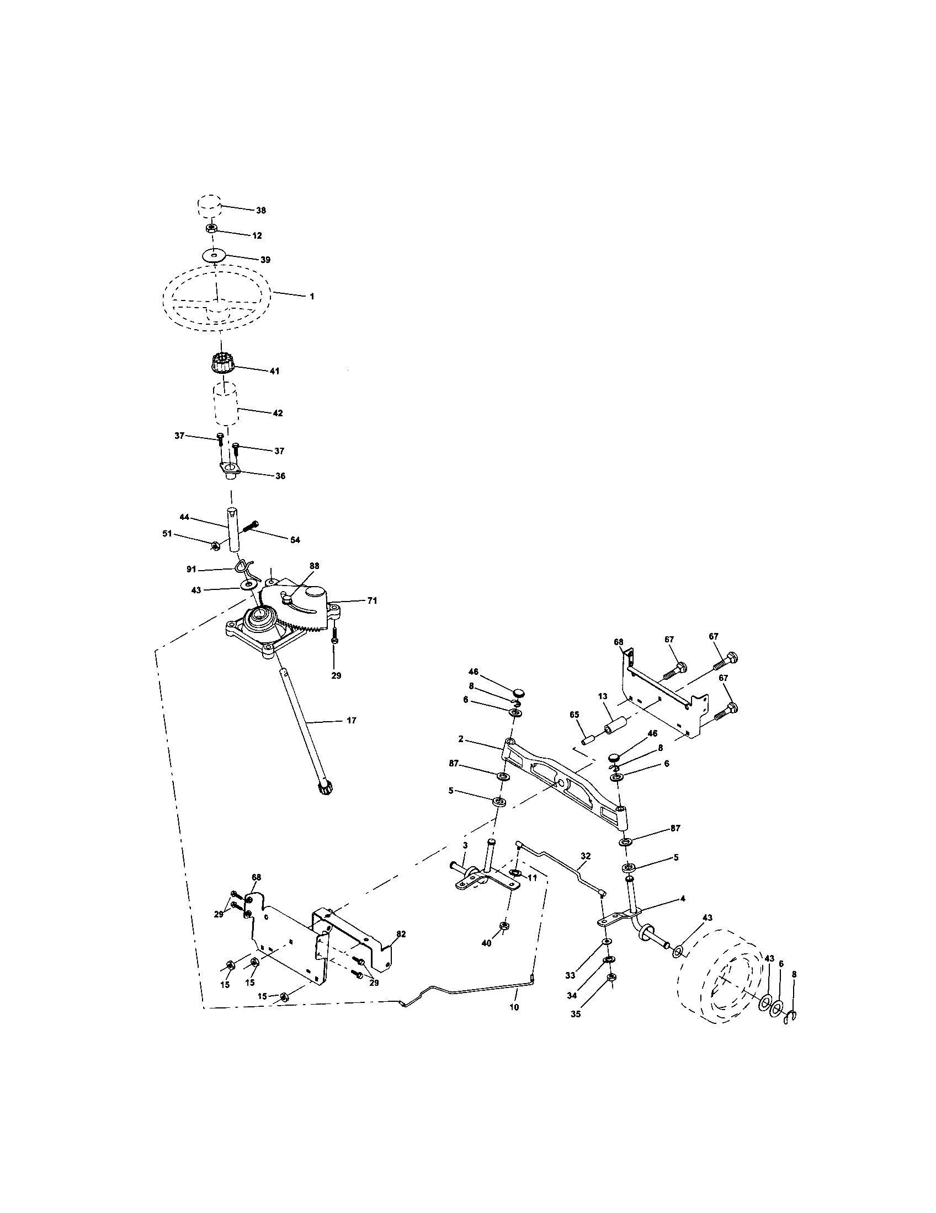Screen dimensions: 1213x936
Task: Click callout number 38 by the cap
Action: click(260, 211)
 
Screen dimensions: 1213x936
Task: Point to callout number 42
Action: click(278, 413)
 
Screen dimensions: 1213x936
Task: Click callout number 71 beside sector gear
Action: click(372, 600)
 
